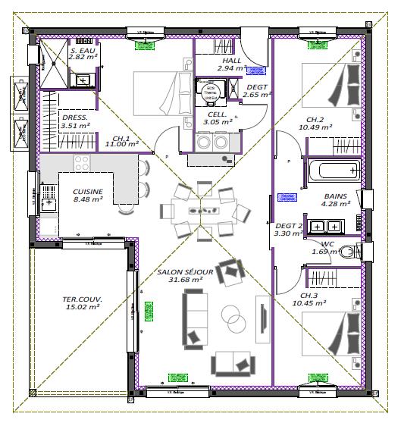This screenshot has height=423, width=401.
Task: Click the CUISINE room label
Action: (88, 191)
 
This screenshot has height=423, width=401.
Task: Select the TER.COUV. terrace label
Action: (82, 299)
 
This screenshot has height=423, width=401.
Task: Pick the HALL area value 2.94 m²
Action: (231, 68)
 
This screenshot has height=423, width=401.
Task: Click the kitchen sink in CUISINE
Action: (49, 199)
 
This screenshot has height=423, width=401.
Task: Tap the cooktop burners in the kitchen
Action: (80, 163)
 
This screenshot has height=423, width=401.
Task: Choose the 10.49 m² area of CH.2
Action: (317, 127)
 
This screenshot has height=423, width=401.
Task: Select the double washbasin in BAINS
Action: (327, 225)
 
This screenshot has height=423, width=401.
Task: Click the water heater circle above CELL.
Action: (211, 92)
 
